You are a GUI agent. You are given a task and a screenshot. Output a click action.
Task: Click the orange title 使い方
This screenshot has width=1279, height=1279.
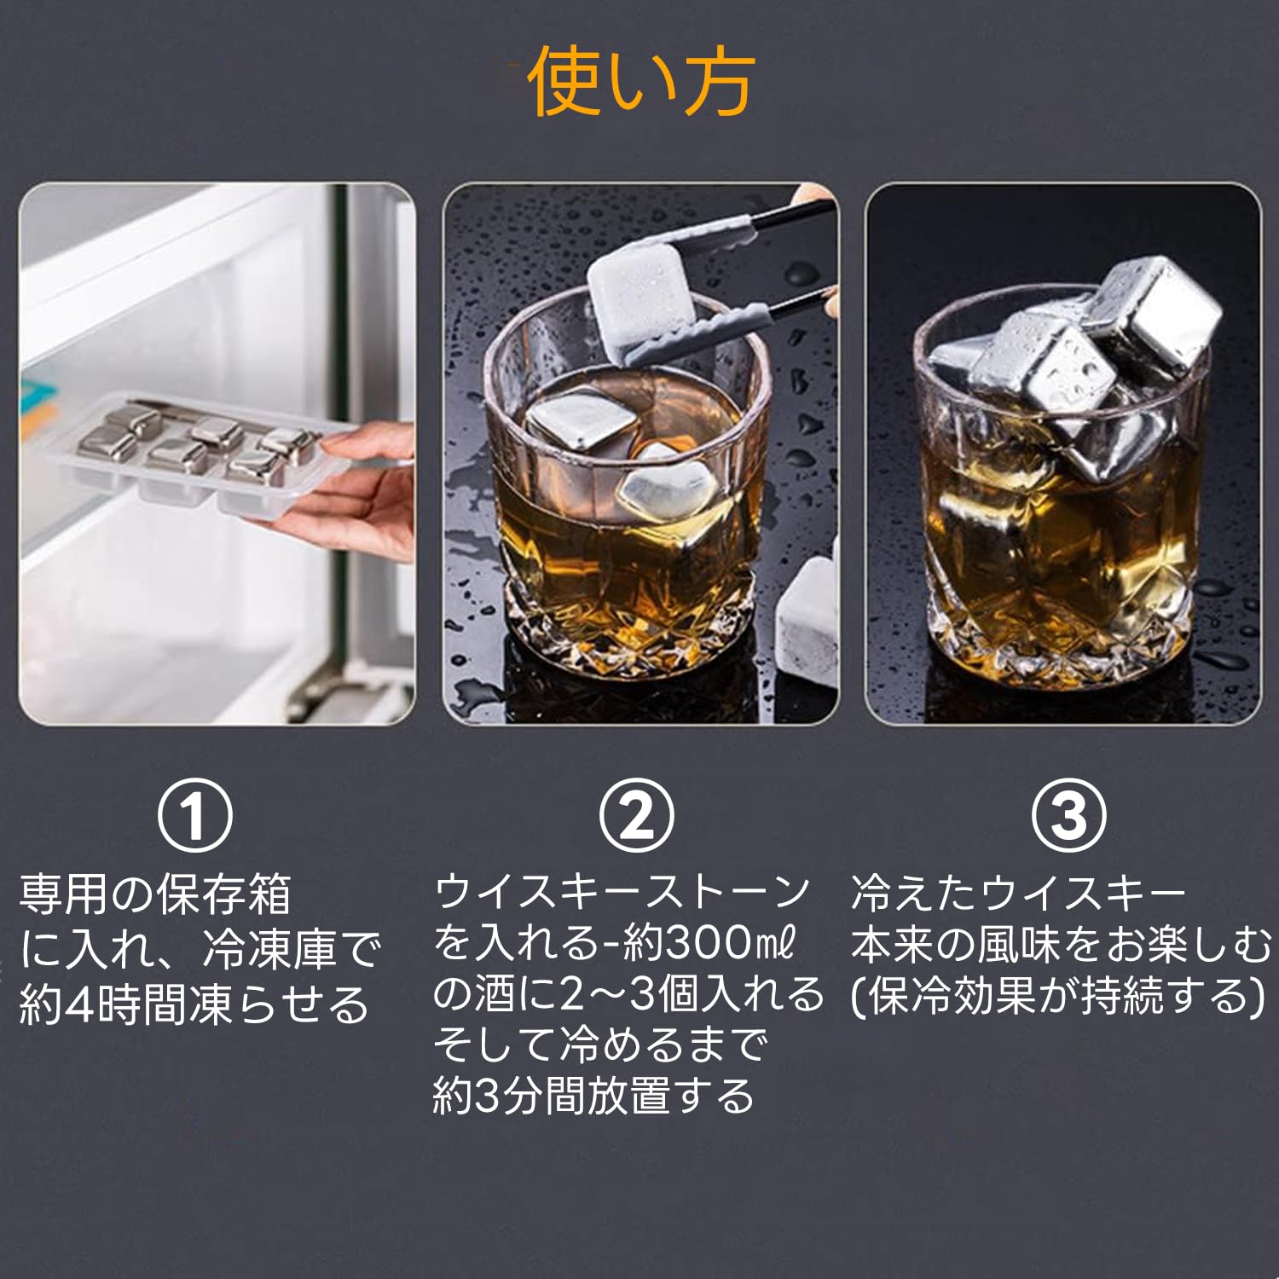(x=640, y=83)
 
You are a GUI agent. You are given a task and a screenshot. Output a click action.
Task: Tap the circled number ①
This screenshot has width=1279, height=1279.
(x=195, y=816)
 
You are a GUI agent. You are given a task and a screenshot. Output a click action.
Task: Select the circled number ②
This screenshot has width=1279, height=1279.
(x=636, y=816)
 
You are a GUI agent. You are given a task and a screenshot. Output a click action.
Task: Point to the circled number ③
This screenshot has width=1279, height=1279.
(x=1069, y=816)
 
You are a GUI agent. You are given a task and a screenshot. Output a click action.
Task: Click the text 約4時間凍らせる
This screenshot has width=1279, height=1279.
(x=194, y=1004)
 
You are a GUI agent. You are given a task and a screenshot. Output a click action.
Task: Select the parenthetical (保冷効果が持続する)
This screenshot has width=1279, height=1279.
(x=1057, y=996)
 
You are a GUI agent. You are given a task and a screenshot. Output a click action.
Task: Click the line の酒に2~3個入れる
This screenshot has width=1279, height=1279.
(x=628, y=995)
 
